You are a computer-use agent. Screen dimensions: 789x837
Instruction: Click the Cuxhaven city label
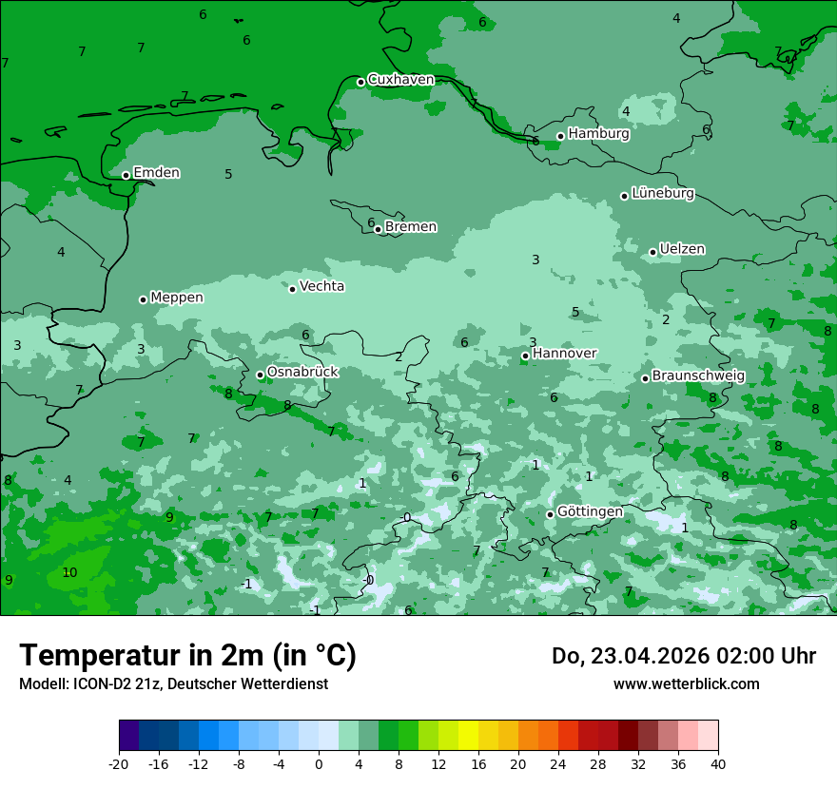coord(400,80)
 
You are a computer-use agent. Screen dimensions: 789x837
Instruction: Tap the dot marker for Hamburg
coord(561,136)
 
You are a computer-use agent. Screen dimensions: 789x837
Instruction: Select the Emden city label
coord(156,173)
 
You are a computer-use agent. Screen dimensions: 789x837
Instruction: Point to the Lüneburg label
coord(663,193)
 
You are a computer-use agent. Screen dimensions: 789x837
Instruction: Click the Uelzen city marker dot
coord(653,252)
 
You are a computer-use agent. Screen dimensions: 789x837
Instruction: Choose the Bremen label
coord(411,227)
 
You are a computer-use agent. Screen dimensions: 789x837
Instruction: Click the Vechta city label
coord(321,286)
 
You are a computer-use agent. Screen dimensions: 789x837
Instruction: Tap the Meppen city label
coord(177,298)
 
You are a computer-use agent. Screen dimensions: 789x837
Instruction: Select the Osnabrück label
coord(302,372)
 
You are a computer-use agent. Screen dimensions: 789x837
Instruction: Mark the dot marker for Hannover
coord(525,356)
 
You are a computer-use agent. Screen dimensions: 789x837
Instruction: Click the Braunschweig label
coord(698,376)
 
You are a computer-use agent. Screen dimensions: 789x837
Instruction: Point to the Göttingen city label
coord(590,512)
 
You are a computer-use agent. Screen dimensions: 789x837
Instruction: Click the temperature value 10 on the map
coord(69,572)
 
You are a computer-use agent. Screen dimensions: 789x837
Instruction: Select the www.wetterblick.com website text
coord(686,684)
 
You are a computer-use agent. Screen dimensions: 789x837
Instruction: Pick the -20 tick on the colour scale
coord(119,764)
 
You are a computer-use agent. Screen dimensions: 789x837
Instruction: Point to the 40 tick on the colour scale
coord(718,764)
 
